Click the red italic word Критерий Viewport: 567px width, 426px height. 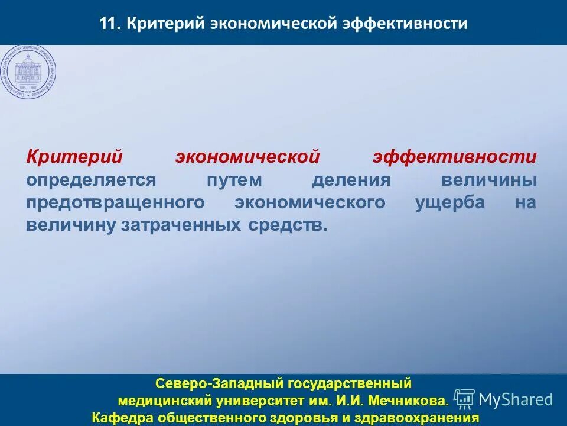(x=74, y=157)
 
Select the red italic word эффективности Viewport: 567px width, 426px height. (x=454, y=157)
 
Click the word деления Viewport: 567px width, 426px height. (x=351, y=180)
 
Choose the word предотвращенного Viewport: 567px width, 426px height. (x=115, y=202)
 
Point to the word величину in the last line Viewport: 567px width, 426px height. (x=71, y=225)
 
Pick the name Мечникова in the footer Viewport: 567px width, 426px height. (x=408, y=402)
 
